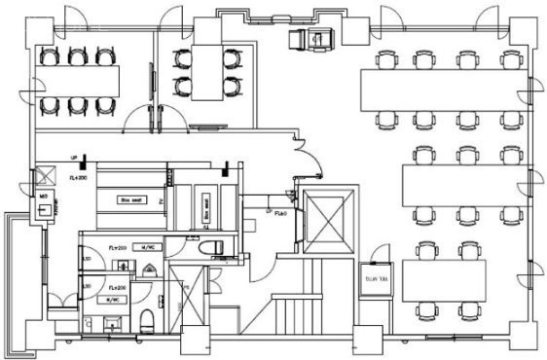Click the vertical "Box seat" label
(x=207, y=205)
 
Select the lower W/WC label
(x=114, y=300)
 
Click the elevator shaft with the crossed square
(x=326, y=222)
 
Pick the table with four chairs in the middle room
(x=205, y=72)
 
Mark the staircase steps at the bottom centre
(x=292, y=316)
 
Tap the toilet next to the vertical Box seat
(x=208, y=248)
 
